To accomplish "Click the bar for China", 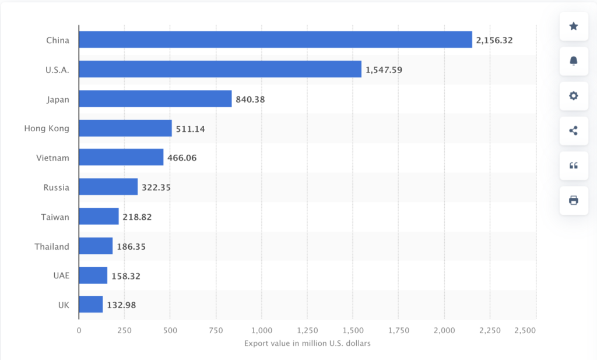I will click(275, 40).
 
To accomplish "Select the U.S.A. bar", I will click(220, 69).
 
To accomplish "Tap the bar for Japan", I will click(155, 99).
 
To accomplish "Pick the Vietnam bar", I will click(121, 158).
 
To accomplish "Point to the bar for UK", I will click(91, 305).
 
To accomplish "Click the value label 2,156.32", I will click(494, 40).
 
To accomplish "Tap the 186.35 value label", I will click(131, 246).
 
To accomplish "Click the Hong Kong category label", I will click(47, 128).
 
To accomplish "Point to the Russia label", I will click(56, 187).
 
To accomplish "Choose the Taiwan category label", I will click(55, 217).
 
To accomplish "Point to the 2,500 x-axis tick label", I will click(525, 331).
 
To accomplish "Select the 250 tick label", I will click(124, 331).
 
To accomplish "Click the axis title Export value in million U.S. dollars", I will click(307, 343).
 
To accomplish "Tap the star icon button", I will click(574, 26).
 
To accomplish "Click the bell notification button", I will click(574, 61).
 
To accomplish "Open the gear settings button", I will click(574, 96).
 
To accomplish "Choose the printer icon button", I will click(574, 201).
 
